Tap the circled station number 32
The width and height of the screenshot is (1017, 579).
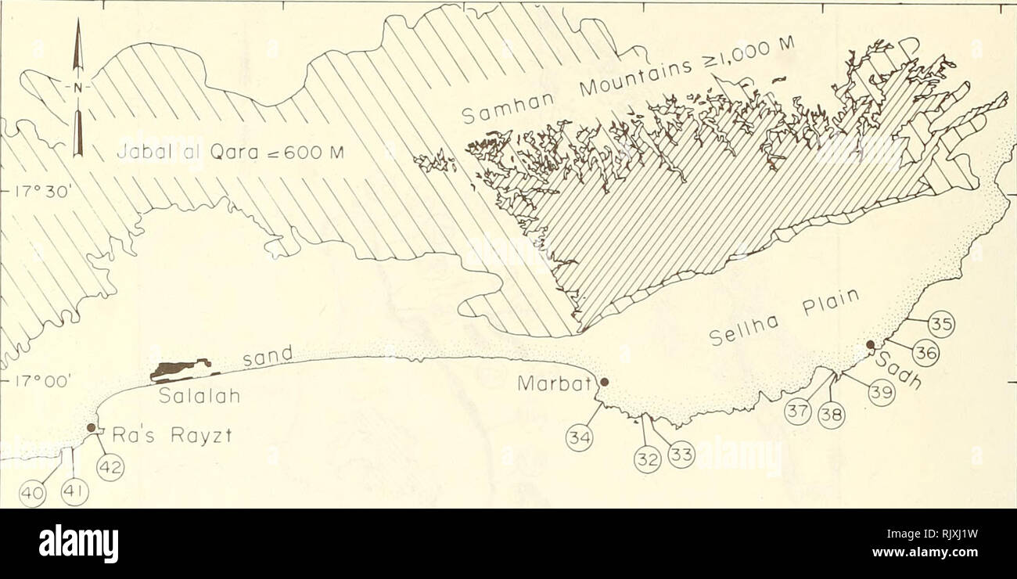[646, 462]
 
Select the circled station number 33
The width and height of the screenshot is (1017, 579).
[681, 455]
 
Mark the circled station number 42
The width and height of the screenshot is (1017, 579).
[110, 469]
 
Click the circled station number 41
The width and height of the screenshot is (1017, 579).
[76, 494]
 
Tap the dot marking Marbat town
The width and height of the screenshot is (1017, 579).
[603, 382]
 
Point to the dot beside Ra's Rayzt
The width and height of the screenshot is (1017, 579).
[92, 428]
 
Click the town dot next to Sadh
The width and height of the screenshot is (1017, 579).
[870, 345]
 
